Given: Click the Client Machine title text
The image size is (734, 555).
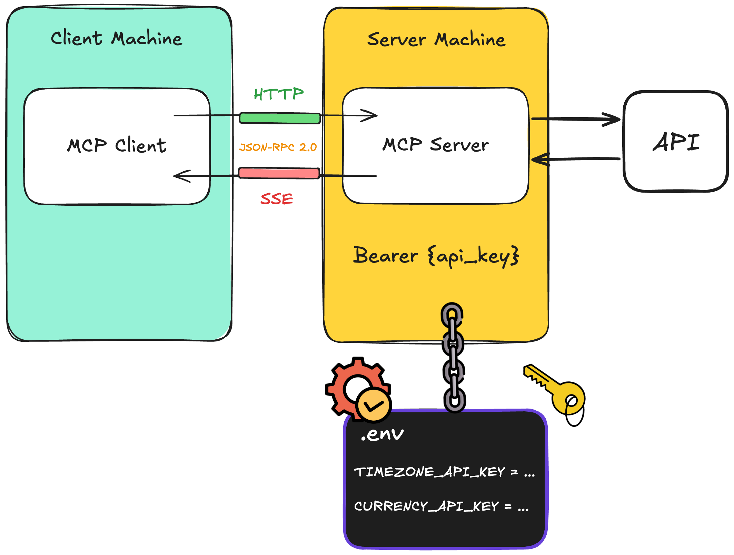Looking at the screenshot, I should (x=116, y=38).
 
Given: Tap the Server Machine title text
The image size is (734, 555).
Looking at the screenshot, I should (x=436, y=39).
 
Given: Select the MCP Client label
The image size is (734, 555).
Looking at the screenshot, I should (x=117, y=145).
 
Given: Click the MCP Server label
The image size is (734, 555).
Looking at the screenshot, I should (x=435, y=145).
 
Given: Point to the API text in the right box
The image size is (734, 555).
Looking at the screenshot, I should (x=676, y=142).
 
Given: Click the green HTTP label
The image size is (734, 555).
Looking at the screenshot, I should (x=279, y=94).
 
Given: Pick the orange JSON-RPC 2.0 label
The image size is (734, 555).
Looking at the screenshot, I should (x=278, y=147).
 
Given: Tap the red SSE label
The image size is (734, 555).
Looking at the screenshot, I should (x=277, y=199).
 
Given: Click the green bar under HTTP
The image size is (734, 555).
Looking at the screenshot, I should (x=280, y=118).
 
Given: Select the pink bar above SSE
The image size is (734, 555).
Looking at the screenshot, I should (x=279, y=173).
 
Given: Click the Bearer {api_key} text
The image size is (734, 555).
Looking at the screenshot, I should (x=436, y=256).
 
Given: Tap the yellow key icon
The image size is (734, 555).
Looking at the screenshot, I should (x=555, y=391).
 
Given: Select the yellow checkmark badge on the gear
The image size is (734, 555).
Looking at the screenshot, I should (x=374, y=405).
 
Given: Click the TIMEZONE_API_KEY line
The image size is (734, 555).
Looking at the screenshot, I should (x=444, y=472).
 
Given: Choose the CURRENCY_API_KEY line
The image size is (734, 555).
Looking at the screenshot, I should (x=441, y=506).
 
